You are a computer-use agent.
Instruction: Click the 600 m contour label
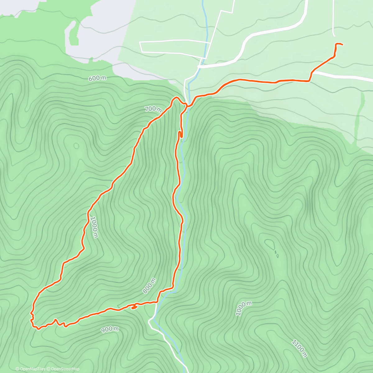97,78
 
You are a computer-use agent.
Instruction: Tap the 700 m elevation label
153,109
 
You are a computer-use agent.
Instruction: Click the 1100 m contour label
299,348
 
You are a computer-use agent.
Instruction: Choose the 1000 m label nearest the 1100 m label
243,308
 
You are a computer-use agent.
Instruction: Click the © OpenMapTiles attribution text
30,369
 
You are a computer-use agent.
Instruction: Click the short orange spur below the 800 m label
134,307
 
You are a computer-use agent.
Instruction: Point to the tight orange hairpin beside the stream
180,134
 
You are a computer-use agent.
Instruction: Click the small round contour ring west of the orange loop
76,145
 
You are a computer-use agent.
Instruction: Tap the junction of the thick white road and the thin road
199,67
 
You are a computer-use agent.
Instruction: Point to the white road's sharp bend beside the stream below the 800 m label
150,320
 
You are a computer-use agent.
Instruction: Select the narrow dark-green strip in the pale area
361,115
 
